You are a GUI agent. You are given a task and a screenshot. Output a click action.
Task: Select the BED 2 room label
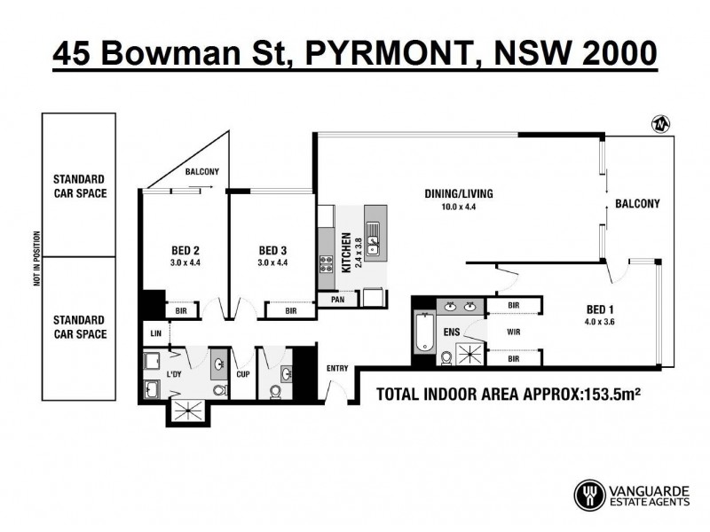[185, 250]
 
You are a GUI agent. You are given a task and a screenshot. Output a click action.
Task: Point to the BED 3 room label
[272, 250]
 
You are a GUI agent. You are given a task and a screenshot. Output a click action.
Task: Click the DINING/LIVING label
[459, 194]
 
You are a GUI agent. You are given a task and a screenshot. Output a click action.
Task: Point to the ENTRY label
[337, 368]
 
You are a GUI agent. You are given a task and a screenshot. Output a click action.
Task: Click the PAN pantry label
[337, 300]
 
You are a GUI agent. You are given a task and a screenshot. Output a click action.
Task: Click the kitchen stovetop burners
[326, 262]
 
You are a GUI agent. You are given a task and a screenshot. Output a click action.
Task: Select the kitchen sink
[373, 235]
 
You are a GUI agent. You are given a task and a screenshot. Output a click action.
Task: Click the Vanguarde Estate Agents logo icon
[589, 495]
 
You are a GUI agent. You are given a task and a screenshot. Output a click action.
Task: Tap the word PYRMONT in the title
[384, 53]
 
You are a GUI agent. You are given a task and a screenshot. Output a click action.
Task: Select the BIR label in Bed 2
[181, 310]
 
